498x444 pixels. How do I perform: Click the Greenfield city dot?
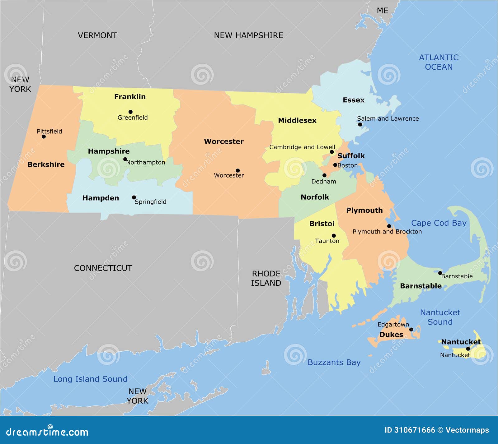pyautogui.click(x=130, y=112)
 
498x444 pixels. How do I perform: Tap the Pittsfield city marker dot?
pyautogui.click(x=44, y=136)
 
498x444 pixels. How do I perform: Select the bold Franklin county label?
pyautogui.click(x=130, y=97)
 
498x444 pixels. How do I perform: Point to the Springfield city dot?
pyautogui.click(x=134, y=197)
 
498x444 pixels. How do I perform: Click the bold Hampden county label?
pyautogui.click(x=101, y=198)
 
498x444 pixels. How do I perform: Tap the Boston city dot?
pyautogui.click(x=335, y=165)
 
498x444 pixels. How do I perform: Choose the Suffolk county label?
pyautogui.click(x=351, y=156)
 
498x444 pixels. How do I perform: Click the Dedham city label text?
pyautogui.click(x=324, y=182)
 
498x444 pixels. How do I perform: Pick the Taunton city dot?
pyautogui.click(x=334, y=236)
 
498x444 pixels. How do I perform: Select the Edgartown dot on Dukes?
pyautogui.click(x=411, y=330)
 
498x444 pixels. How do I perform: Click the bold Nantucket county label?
pyautogui.click(x=461, y=342)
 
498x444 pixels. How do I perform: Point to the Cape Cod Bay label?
pyautogui.click(x=439, y=223)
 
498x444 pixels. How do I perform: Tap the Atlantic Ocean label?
pyautogui.click(x=439, y=62)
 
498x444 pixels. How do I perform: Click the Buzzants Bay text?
pyautogui.click(x=334, y=363)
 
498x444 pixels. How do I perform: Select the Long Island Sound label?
pyautogui.click(x=90, y=379)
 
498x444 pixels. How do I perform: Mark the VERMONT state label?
pyautogui.click(x=97, y=35)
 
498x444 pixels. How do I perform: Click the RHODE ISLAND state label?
pyautogui.click(x=266, y=278)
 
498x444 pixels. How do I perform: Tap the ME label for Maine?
pyautogui.click(x=383, y=11)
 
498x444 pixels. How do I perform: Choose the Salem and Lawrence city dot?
pyautogui.click(x=360, y=124)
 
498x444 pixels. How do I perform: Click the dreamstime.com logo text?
pyautogui.click(x=47, y=432)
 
